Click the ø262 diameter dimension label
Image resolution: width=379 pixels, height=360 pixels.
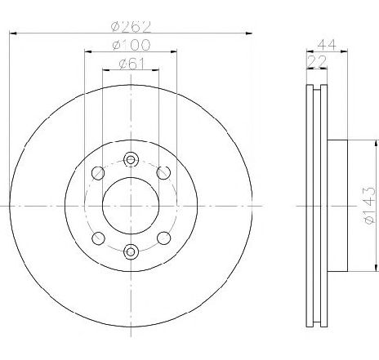point(131,27)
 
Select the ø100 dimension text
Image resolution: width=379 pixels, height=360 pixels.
point(132,45)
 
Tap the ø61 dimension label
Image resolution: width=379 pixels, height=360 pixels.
point(132,64)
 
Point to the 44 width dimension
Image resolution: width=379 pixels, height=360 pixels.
point(327,45)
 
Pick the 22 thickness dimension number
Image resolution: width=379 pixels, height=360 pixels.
point(317,62)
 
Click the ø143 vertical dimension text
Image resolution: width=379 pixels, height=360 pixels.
point(369,206)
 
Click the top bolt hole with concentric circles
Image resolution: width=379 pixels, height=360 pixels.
point(131,160)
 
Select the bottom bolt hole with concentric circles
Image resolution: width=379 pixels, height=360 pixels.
point(131,251)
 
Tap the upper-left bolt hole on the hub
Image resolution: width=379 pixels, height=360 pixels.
point(98,173)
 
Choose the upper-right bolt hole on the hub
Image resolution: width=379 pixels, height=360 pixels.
point(163,172)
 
